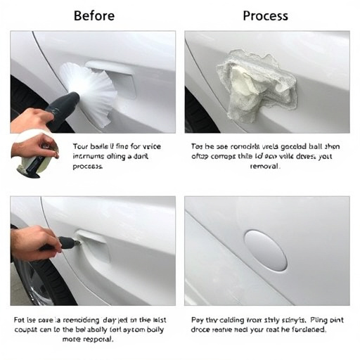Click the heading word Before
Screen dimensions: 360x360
94,15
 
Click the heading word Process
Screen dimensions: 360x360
266,15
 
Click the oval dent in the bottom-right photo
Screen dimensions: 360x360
265,250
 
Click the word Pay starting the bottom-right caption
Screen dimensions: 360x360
199,319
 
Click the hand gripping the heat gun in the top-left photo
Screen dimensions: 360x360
28,118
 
